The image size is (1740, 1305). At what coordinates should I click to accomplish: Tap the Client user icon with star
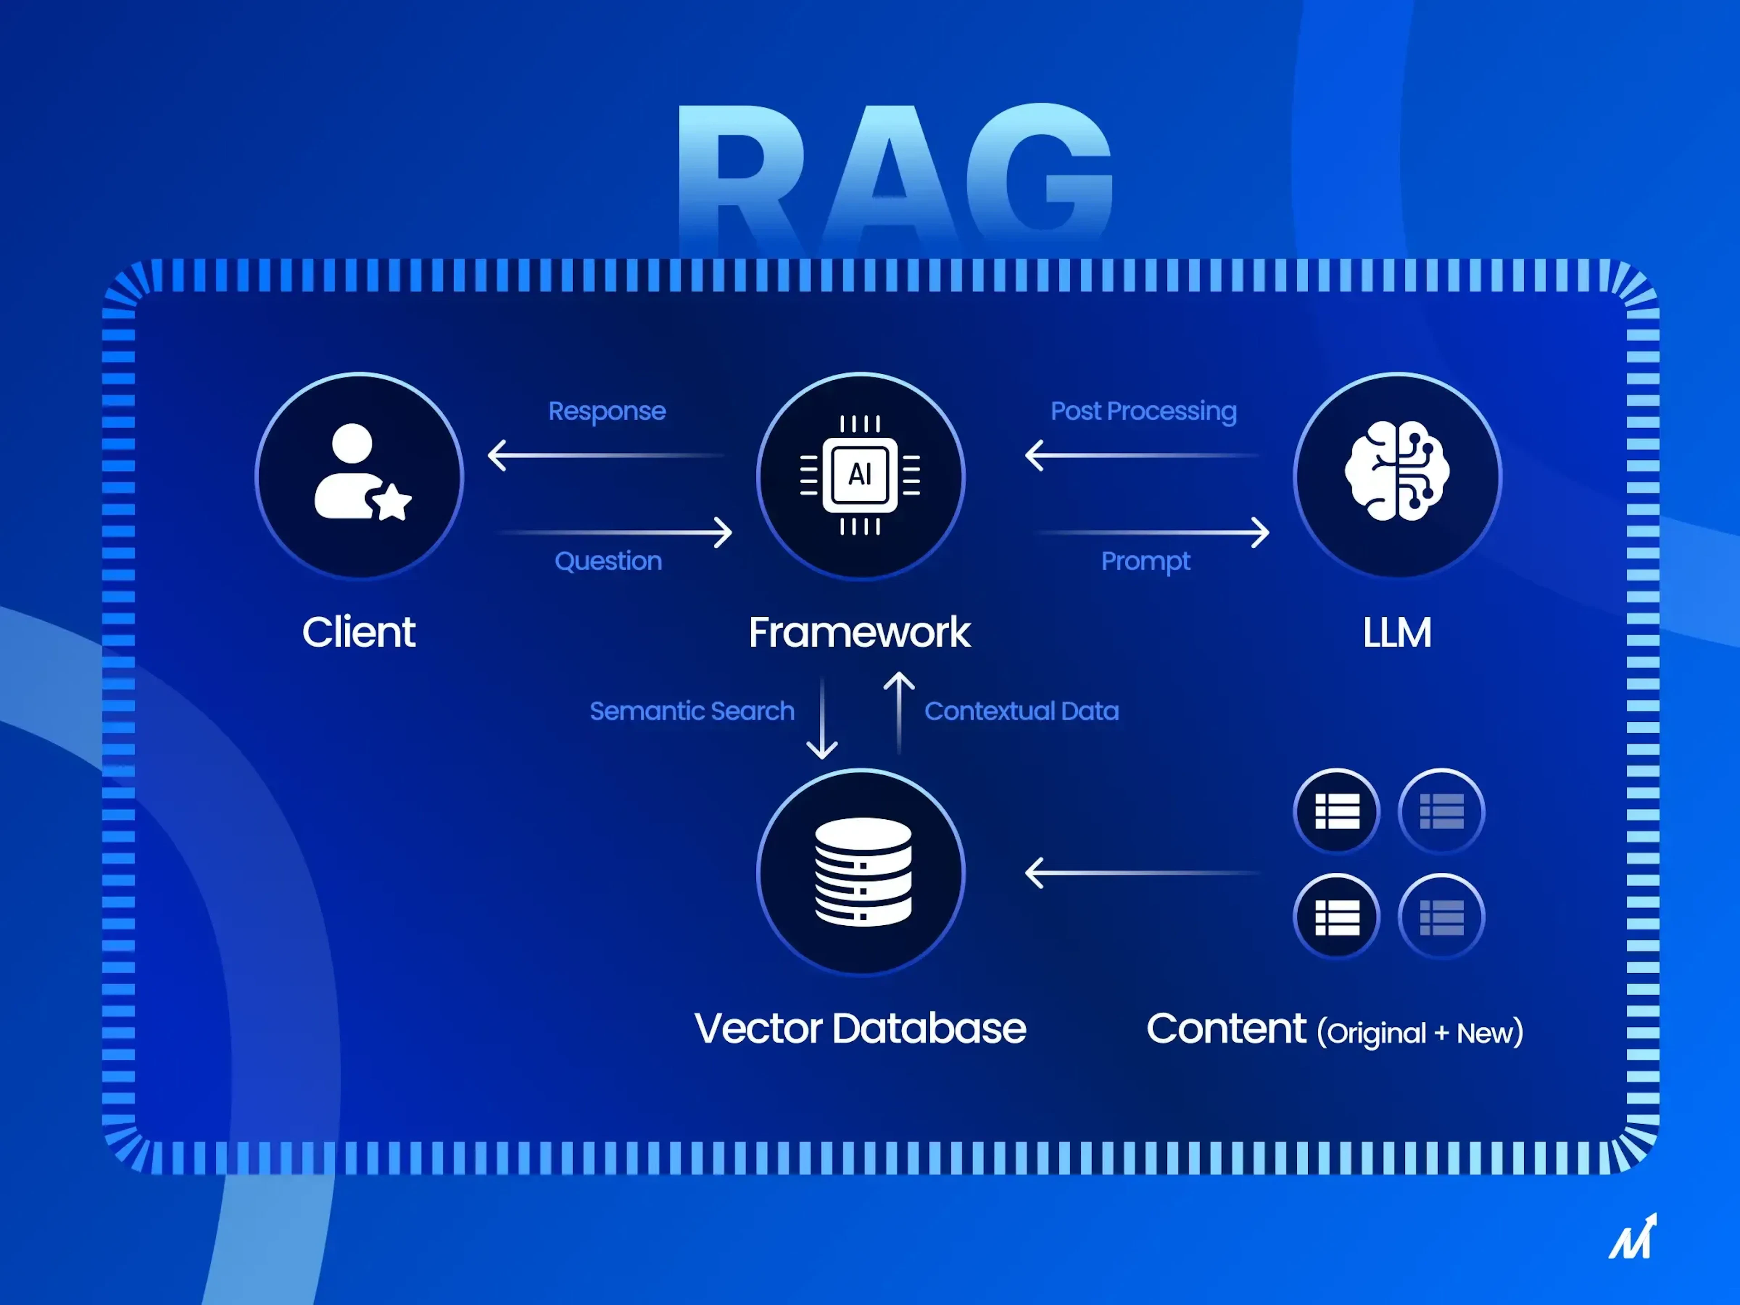pyautogui.click(x=360, y=474)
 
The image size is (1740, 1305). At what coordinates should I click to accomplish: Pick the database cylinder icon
pyautogui.click(x=862, y=871)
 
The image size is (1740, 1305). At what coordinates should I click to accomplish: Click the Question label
pyautogui.click(x=608, y=561)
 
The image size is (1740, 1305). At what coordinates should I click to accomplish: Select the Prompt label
pyautogui.click(x=1145, y=561)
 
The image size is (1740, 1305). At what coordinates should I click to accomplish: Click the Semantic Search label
pyautogui.click(x=691, y=711)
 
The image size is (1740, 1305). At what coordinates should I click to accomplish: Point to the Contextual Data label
pyautogui.click(x=1021, y=711)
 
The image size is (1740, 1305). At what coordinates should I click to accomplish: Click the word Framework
pyautogui.click(x=859, y=633)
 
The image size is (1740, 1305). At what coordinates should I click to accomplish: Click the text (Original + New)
pyautogui.click(x=1420, y=1032)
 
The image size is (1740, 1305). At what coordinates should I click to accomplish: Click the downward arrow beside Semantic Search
pyautogui.click(x=822, y=717)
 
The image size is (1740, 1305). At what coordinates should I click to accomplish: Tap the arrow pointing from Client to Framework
pyautogui.click(x=615, y=532)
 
